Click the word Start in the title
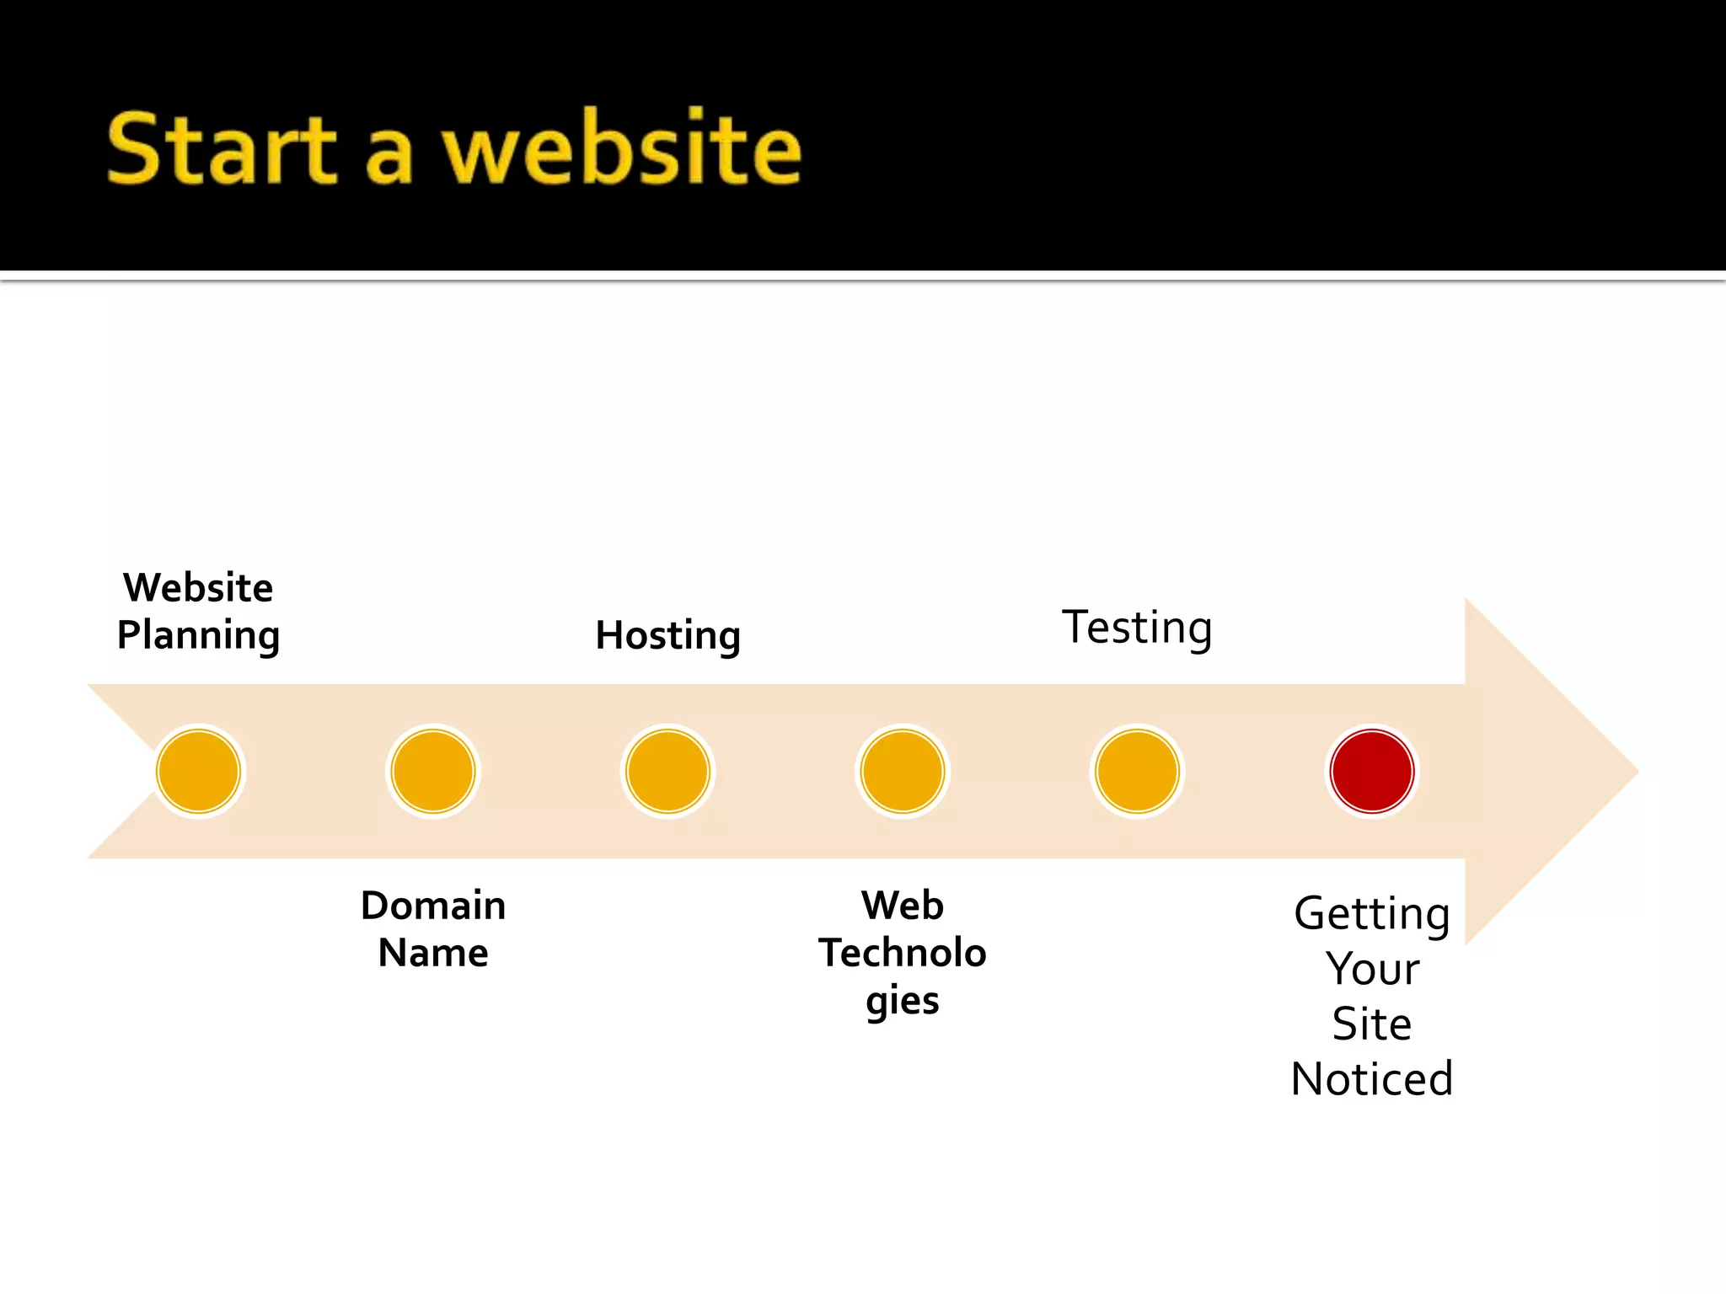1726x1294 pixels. (222, 150)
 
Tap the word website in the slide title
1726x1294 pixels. (622, 150)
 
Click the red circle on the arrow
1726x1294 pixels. (1371, 771)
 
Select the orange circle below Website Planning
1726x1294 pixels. (199, 771)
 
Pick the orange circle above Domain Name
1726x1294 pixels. (433, 771)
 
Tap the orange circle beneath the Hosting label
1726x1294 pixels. (667, 771)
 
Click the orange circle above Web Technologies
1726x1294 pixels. (903, 771)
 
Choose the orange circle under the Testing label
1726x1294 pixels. (1137, 771)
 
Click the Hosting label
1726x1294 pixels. (667, 636)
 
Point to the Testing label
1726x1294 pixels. (1137, 628)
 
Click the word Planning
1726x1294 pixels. (199, 636)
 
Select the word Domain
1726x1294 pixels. (433, 906)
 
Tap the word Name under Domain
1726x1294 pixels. (433, 954)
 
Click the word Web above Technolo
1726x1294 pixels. (903, 906)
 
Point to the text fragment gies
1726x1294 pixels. (903, 1001)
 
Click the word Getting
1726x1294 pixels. (1371, 914)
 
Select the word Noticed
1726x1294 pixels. (1371, 1079)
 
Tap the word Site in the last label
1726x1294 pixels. (1371, 1024)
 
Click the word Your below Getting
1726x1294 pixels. (1371, 969)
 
